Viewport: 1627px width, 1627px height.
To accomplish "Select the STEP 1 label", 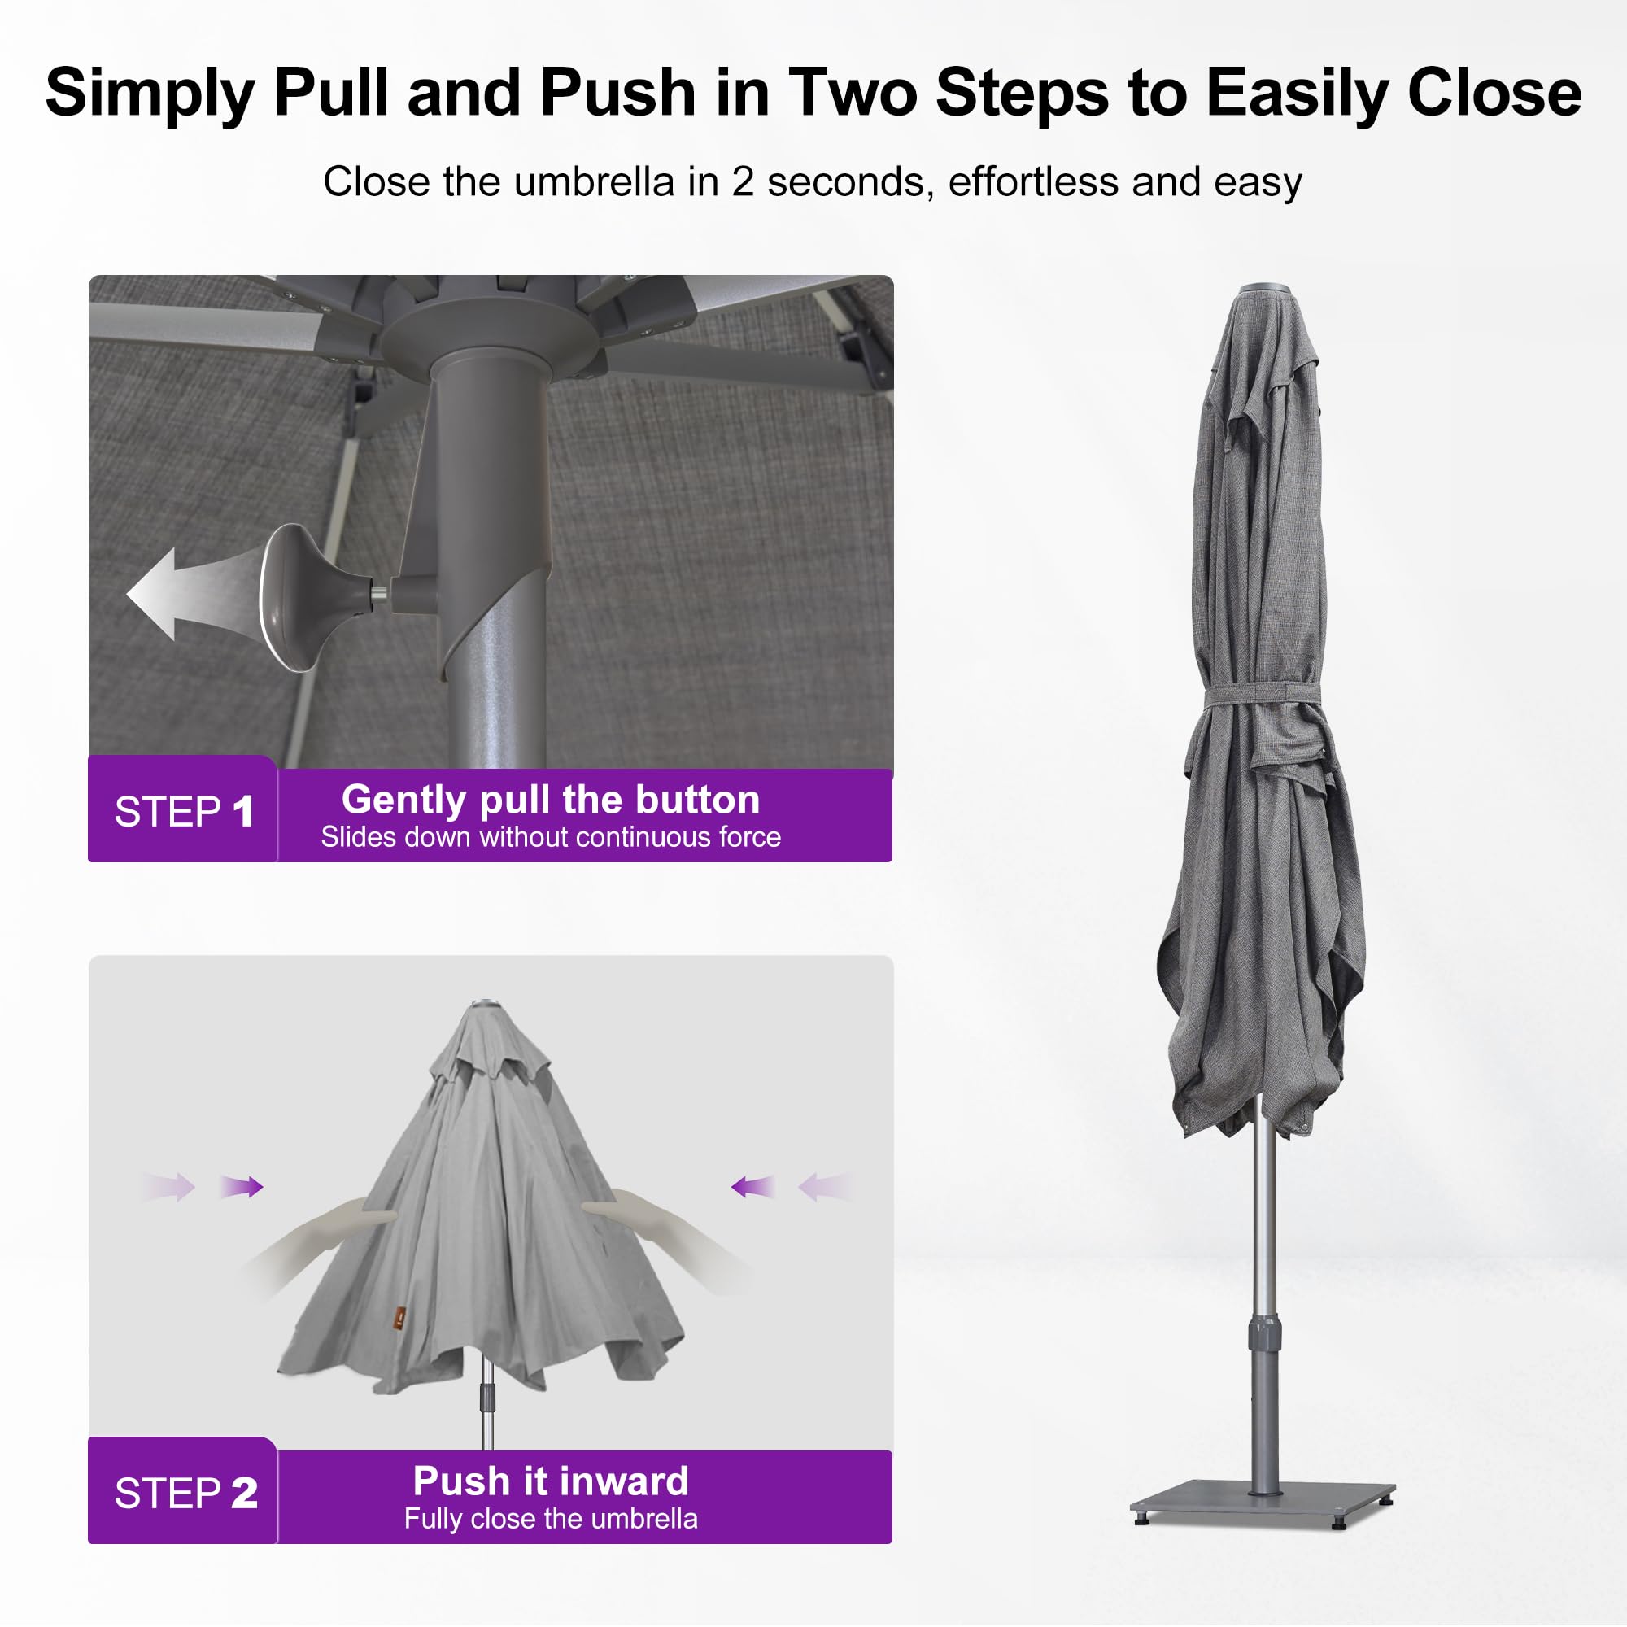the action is tap(184, 812).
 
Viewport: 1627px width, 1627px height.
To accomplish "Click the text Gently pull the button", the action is tap(551, 800).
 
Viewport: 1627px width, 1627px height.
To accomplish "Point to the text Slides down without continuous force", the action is tap(551, 837).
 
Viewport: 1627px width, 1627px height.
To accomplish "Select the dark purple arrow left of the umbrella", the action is tap(242, 1187).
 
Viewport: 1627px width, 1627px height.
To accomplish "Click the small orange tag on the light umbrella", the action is tap(401, 1313).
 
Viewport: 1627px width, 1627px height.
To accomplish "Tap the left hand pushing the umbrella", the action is tap(320, 1246).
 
